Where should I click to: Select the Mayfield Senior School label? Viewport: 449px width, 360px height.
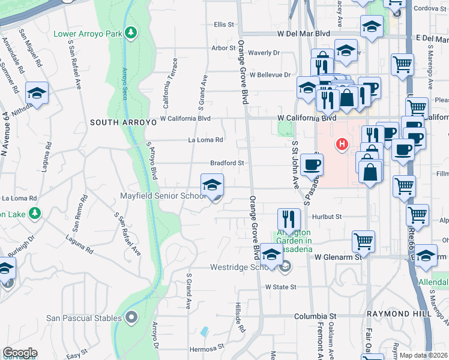tap(164, 196)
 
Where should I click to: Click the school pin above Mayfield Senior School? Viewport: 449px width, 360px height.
tap(211, 185)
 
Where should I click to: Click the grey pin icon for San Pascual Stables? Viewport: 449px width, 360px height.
tap(131, 317)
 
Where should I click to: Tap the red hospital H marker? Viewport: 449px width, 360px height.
tap(342, 144)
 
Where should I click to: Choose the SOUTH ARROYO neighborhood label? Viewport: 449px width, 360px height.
tap(120, 122)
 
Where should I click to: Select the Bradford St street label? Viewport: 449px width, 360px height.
tap(227, 163)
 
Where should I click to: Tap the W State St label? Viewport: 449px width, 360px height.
tap(282, 287)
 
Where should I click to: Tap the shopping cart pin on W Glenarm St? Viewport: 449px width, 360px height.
tap(363, 241)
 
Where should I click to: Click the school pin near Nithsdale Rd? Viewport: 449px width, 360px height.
tap(37, 93)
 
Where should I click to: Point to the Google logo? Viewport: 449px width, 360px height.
tap(20, 353)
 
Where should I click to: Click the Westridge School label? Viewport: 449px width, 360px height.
tap(244, 268)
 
